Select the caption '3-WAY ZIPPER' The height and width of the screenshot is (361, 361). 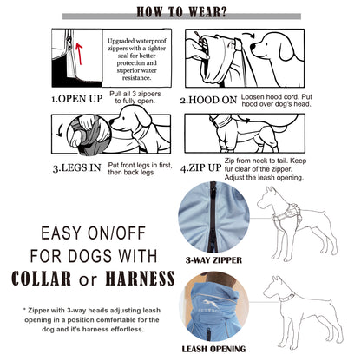214,258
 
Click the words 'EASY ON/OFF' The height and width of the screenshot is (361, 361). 88,233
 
